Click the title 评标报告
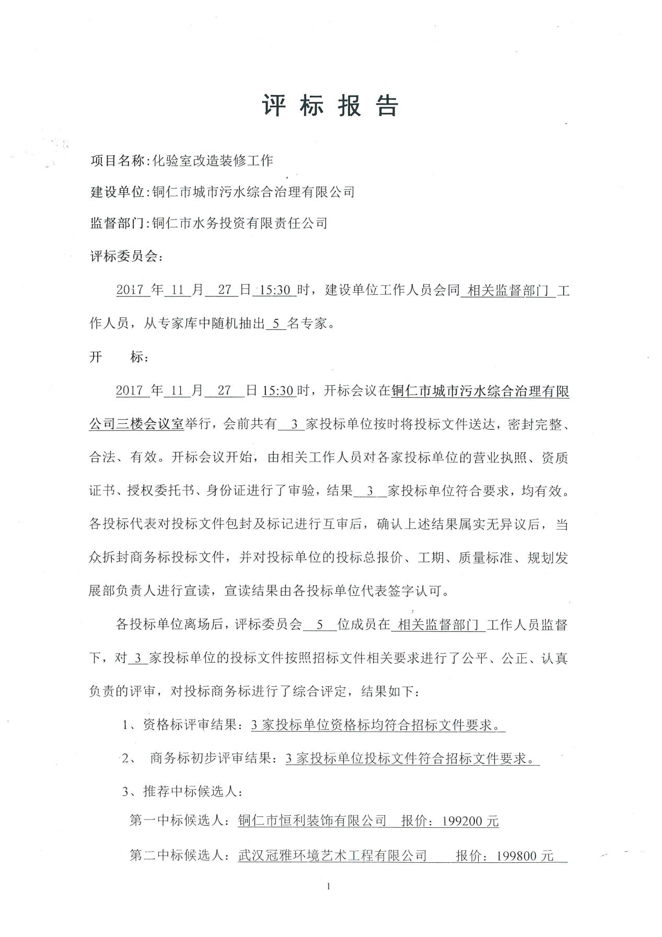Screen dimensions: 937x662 [x=330, y=106]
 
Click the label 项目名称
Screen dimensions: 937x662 [x=117, y=161]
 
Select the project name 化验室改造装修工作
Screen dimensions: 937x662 [x=213, y=161]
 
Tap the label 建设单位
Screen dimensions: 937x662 [x=117, y=192]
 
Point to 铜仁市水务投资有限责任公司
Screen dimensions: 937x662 [x=239, y=224]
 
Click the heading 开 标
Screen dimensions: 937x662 [x=119, y=358]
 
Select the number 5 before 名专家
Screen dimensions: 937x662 [x=276, y=324]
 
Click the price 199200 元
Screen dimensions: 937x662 [x=470, y=822]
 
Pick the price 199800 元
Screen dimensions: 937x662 [x=525, y=856]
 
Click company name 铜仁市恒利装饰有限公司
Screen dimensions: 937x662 [x=312, y=822]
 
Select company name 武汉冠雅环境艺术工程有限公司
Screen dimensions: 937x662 [x=332, y=856]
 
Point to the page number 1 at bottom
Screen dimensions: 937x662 [x=329, y=886]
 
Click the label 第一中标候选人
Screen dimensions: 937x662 [x=177, y=822]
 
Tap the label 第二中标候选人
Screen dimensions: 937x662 [x=177, y=856]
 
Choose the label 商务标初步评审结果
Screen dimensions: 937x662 [x=210, y=758]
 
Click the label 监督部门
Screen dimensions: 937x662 [x=117, y=224]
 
